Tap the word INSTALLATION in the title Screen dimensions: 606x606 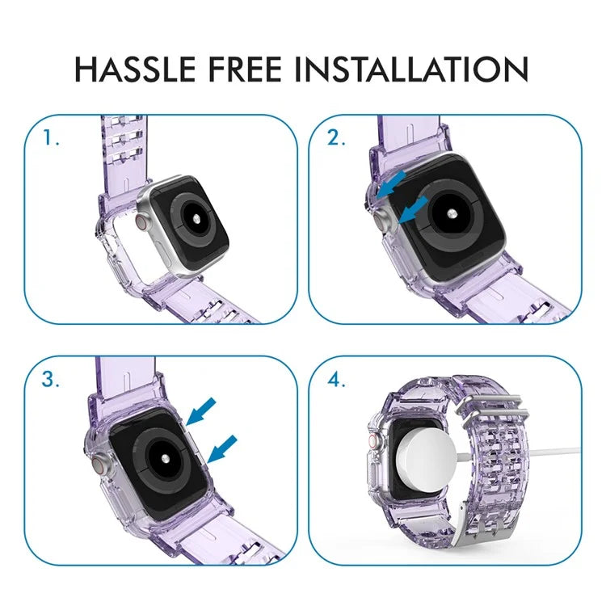tap(410, 69)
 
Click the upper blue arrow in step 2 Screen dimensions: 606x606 tap(389, 183)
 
